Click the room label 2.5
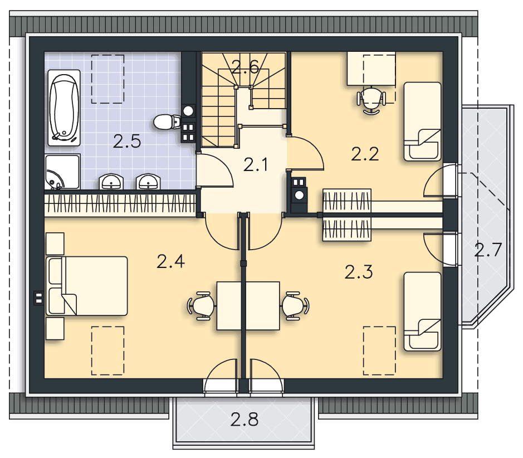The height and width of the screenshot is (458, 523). point(127,142)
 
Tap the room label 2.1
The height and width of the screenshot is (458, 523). point(256,165)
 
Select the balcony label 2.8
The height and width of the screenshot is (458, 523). point(244,420)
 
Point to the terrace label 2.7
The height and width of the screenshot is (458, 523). point(488,250)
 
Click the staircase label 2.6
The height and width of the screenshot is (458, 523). point(245,67)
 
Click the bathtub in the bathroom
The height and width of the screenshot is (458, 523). point(64,108)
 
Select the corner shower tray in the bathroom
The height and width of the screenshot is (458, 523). point(62,172)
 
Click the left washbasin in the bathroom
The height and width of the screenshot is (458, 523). point(111,182)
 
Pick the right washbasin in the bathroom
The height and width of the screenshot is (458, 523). point(148,182)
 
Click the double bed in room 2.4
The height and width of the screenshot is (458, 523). point(87,286)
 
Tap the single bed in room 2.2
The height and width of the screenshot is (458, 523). point(423,122)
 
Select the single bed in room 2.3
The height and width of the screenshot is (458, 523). point(423,311)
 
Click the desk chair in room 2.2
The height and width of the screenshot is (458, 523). point(372,100)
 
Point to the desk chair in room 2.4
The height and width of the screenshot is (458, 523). point(202,306)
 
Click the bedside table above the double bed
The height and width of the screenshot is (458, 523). point(55,243)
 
